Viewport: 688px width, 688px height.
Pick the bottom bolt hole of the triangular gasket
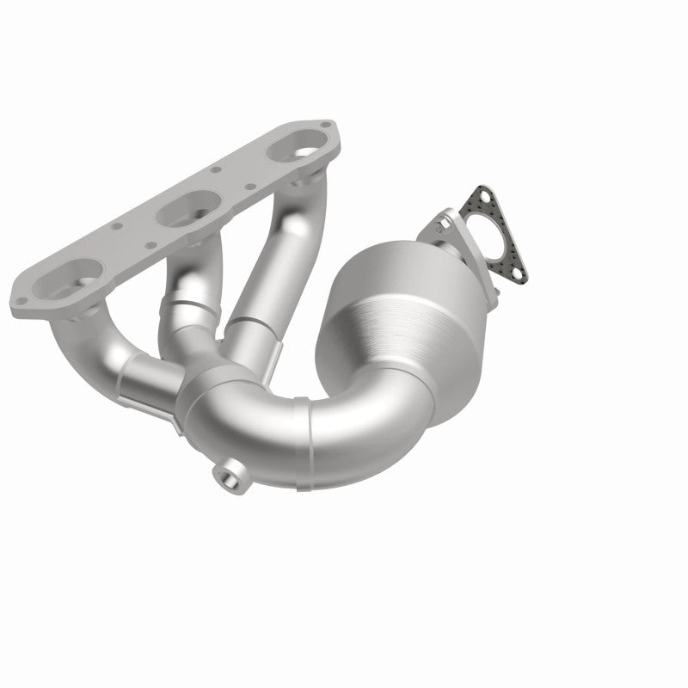point(519,273)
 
